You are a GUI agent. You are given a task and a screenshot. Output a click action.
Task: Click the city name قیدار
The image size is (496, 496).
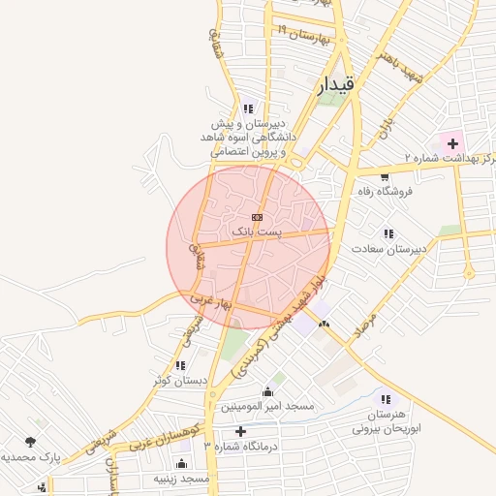coord(336,85)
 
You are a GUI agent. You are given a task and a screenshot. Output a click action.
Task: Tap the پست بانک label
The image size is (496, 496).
coord(257,232)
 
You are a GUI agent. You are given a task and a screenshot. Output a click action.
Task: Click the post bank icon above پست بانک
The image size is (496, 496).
coord(257,217)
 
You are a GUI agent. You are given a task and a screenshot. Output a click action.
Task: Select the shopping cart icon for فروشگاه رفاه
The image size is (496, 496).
coord(386,177)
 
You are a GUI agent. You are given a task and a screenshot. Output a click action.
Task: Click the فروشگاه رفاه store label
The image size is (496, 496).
coord(386,192)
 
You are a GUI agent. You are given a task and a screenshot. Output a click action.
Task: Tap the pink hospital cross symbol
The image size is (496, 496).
coord(452,143)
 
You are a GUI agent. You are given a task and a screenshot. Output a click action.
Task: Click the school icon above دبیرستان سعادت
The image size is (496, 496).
coord(388,233)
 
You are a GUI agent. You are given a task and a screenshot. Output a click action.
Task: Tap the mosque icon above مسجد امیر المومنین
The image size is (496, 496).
coord(268,392)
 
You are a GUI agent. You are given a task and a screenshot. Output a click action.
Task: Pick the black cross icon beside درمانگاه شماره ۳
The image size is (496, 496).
coord(240,430)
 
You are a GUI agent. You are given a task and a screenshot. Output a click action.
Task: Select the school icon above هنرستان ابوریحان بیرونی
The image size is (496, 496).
coord(387,398)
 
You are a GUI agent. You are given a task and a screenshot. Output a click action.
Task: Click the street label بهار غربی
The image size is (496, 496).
coord(211,303)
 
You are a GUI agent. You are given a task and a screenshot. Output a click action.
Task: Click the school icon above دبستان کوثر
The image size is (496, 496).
coord(180,365)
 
